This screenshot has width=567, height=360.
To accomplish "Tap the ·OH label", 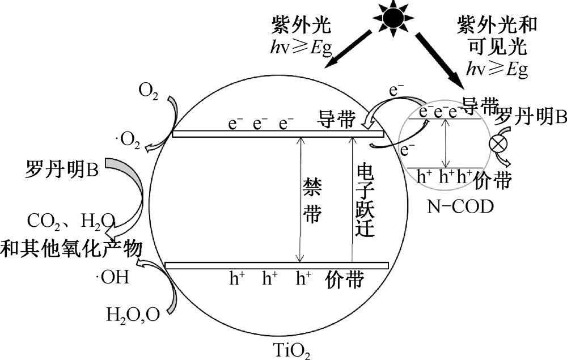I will click(113, 278).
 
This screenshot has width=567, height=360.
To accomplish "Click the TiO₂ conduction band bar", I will click(278, 134).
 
